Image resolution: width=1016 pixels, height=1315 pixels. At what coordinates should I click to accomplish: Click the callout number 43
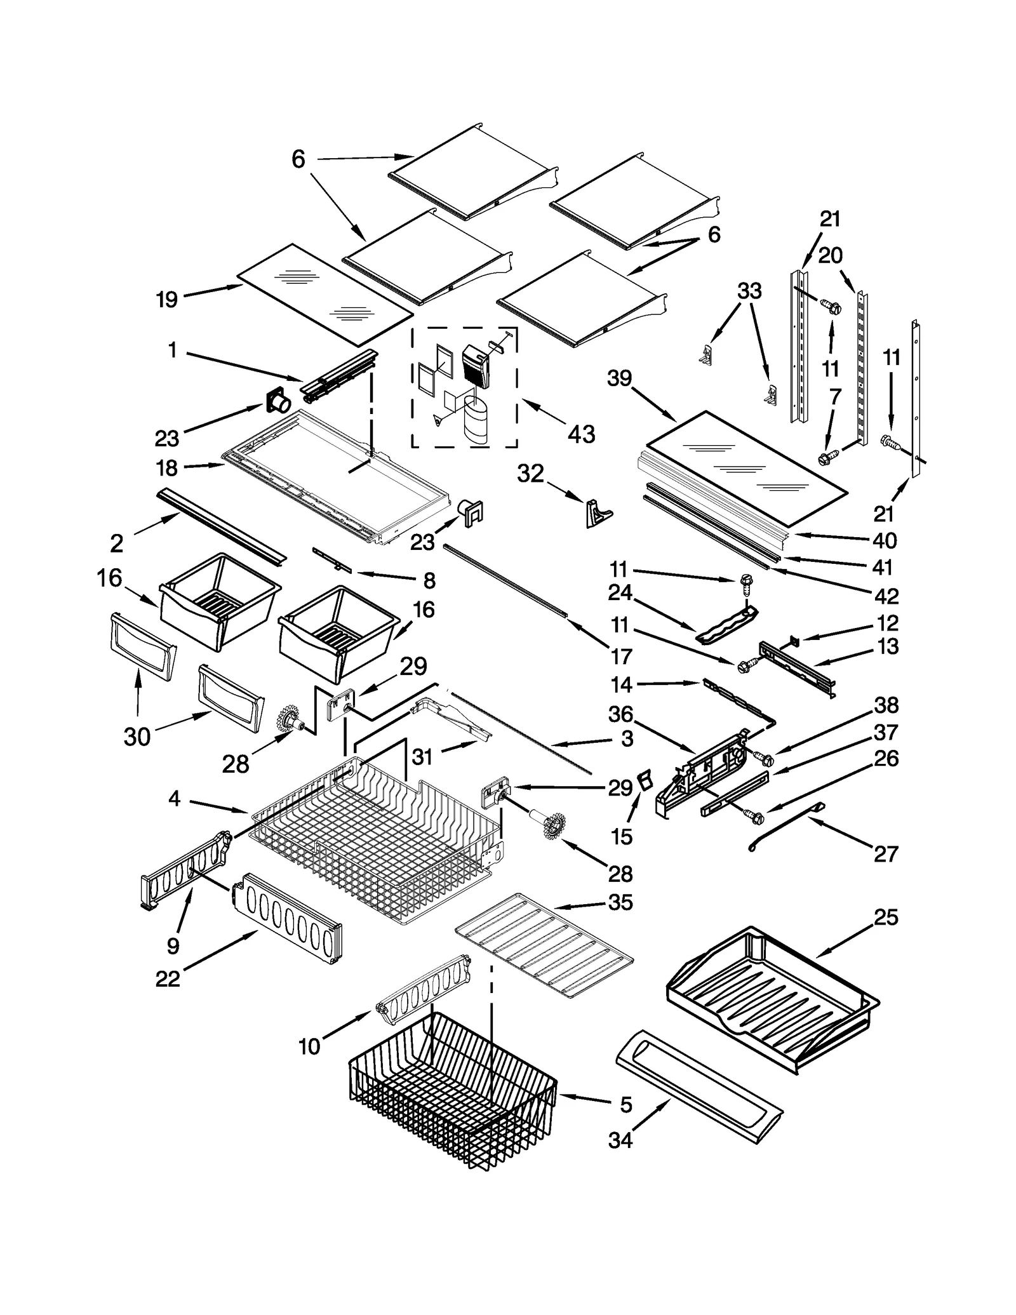click(x=581, y=434)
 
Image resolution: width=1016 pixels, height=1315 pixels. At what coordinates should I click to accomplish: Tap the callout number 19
click(x=167, y=299)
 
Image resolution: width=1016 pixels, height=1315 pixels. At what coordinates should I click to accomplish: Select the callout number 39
click(x=619, y=378)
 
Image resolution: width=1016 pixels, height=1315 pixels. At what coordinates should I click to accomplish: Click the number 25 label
click(x=886, y=918)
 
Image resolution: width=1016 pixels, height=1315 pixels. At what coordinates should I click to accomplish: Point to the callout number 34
click(x=620, y=1140)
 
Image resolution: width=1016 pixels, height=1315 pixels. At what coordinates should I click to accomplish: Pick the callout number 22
click(x=168, y=979)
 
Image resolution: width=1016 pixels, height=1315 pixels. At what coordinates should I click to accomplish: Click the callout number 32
click(x=530, y=473)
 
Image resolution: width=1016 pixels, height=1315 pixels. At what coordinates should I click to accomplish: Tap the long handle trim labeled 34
click(x=698, y=1087)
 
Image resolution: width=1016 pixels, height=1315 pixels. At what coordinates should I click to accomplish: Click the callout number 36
click(x=620, y=714)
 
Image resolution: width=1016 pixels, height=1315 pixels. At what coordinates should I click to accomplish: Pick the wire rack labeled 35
click(x=545, y=945)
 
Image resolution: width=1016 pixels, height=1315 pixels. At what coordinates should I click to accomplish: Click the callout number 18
click(x=167, y=469)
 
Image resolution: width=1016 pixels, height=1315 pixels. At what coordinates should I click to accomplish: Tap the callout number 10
click(x=309, y=1046)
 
